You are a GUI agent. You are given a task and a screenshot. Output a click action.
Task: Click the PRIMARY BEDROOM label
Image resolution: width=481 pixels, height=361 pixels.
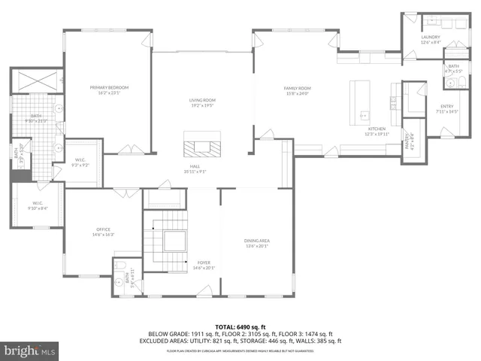(110, 89)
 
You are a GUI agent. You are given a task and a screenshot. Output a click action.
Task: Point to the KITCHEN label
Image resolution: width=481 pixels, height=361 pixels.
(375, 130)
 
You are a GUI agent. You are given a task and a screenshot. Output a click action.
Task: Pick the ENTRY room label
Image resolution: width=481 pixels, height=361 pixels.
(446, 108)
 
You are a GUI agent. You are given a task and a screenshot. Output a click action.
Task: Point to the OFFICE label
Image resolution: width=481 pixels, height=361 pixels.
(103, 231)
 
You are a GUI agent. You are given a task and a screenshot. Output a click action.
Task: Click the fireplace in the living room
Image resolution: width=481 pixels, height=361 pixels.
(204, 142)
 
